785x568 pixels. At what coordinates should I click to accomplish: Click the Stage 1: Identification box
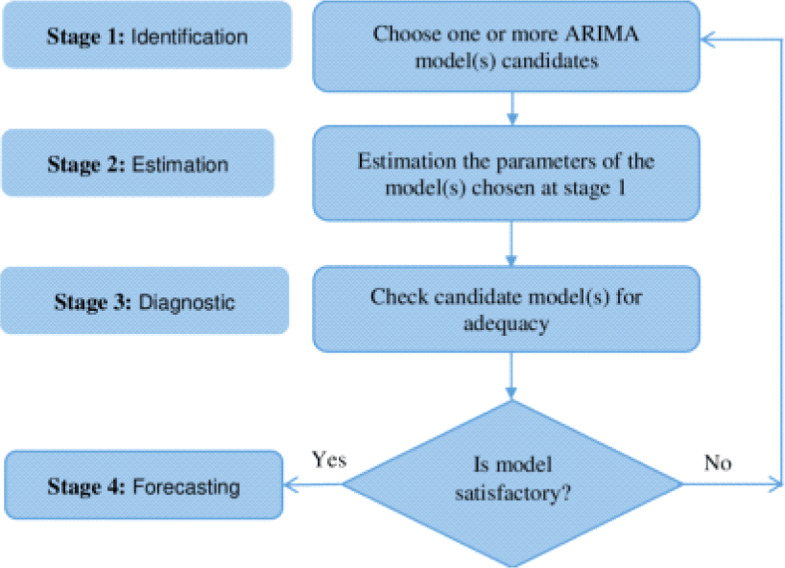[x=147, y=35]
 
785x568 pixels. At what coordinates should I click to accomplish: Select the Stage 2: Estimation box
[x=138, y=163]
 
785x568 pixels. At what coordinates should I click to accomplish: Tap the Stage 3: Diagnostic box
[x=145, y=300]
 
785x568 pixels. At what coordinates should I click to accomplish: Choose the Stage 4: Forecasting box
[x=144, y=485]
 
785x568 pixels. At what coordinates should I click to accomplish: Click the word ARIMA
[x=602, y=34]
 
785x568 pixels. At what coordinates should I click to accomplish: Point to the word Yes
[x=329, y=459]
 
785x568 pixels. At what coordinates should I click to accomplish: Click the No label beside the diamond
[x=718, y=462]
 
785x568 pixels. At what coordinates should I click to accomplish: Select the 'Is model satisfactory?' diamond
[x=512, y=484]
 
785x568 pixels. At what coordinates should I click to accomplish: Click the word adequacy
[x=506, y=323]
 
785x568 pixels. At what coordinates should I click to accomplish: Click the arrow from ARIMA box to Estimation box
[x=512, y=108]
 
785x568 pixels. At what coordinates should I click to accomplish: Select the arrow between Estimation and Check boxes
[x=511, y=243]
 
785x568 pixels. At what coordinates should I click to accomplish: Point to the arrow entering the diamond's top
[x=511, y=376]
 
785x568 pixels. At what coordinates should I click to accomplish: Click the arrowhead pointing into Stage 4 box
[x=292, y=485]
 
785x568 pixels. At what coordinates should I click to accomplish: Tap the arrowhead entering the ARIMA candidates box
[x=708, y=39]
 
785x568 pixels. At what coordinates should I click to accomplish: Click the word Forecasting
[x=186, y=487]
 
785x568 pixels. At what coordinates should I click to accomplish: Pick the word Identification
[x=189, y=36]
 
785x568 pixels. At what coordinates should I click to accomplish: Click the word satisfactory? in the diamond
[x=512, y=493]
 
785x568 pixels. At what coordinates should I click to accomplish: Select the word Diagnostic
[x=187, y=302]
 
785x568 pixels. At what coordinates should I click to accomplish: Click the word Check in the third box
[x=399, y=296]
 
